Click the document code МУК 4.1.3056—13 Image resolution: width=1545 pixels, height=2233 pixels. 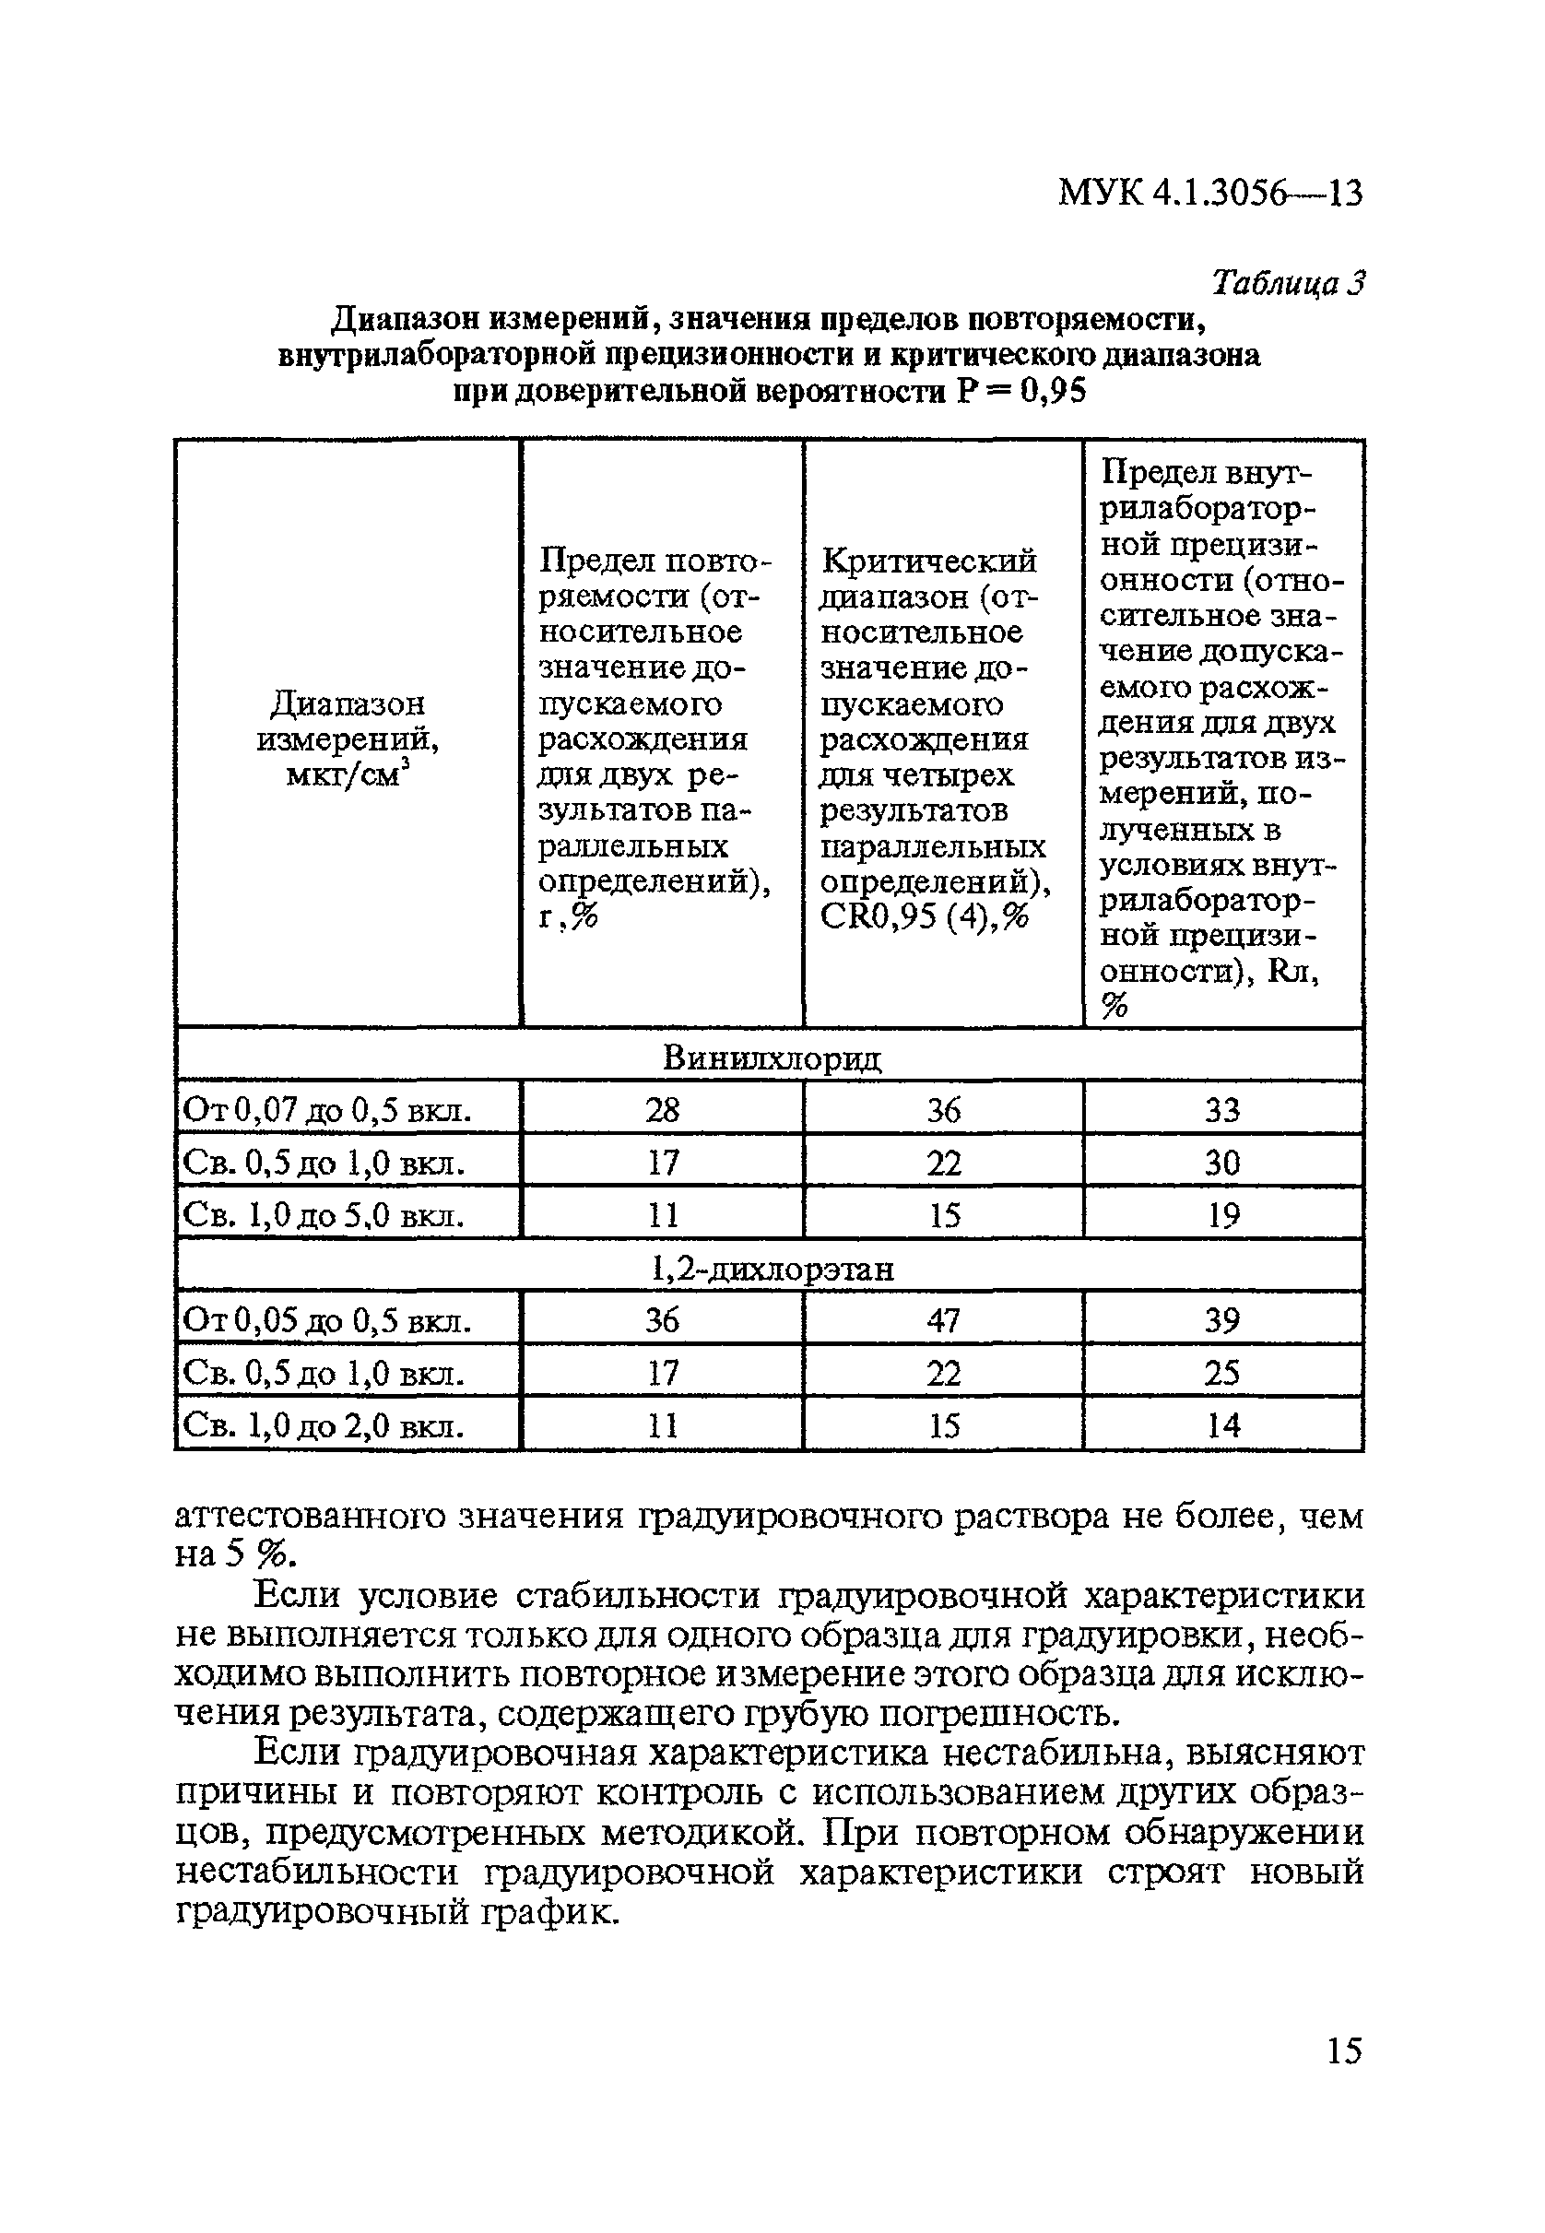(x=1210, y=194)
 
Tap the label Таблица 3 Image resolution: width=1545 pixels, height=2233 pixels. (x=1288, y=283)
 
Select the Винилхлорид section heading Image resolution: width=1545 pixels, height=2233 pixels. (x=772, y=1057)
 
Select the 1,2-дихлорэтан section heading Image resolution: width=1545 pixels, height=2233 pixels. (x=772, y=1268)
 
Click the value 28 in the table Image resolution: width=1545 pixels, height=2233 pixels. (x=662, y=1109)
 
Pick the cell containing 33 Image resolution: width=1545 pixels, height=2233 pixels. (x=1221, y=1109)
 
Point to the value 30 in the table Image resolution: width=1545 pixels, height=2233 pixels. (x=1221, y=1162)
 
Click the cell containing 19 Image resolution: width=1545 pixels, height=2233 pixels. (x=1223, y=1215)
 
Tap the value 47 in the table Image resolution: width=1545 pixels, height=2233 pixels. (x=943, y=1320)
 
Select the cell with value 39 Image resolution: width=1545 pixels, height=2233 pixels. (x=1221, y=1320)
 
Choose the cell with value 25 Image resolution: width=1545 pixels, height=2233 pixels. (x=1221, y=1373)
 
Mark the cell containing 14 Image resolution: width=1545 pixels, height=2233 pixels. (x=1222, y=1424)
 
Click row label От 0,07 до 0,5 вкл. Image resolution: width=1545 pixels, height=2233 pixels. (x=327, y=1110)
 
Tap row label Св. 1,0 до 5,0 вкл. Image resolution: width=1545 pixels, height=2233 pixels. (x=324, y=1215)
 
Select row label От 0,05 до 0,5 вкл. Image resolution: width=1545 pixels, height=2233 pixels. (x=327, y=1321)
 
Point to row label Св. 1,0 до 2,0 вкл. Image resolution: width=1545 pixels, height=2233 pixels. (x=324, y=1425)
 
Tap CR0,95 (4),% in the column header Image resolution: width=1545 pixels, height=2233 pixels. (x=924, y=916)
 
